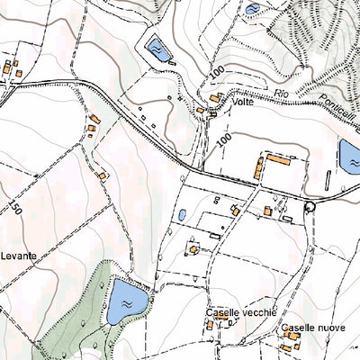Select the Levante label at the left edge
[18, 256]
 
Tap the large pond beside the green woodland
[127, 301]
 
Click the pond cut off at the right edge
[349, 157]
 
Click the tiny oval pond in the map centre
[182, 216]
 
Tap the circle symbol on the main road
[310, 206]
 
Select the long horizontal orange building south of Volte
[278, 160]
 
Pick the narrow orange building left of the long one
[259, 167]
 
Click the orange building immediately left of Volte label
[215, 97]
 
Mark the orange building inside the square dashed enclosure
[193, 247]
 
